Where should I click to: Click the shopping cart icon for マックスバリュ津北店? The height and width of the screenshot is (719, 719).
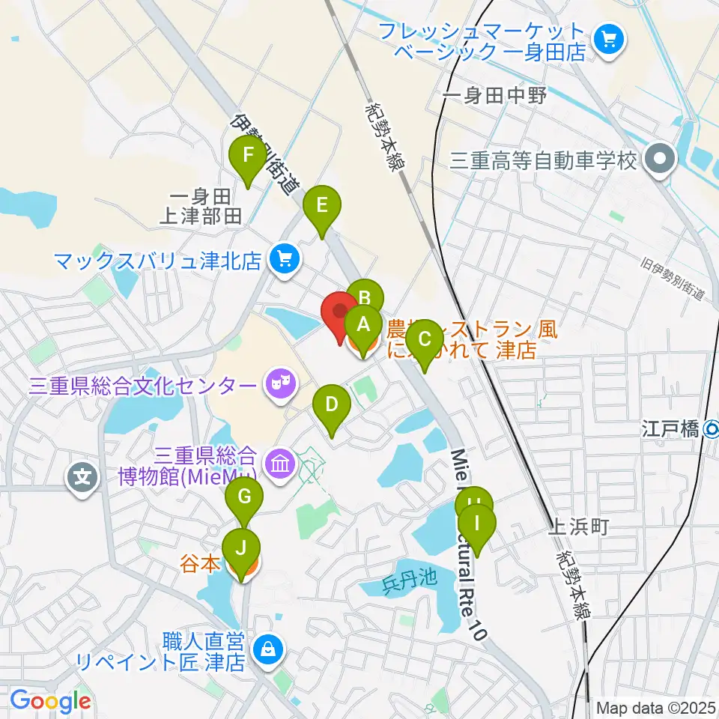coord(283,260)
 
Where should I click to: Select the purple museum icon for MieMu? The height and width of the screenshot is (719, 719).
coord(279,465)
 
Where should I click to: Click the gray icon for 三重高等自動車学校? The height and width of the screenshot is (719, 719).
coord(660,160)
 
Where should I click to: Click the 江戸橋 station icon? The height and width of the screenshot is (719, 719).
coord(712,429)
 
